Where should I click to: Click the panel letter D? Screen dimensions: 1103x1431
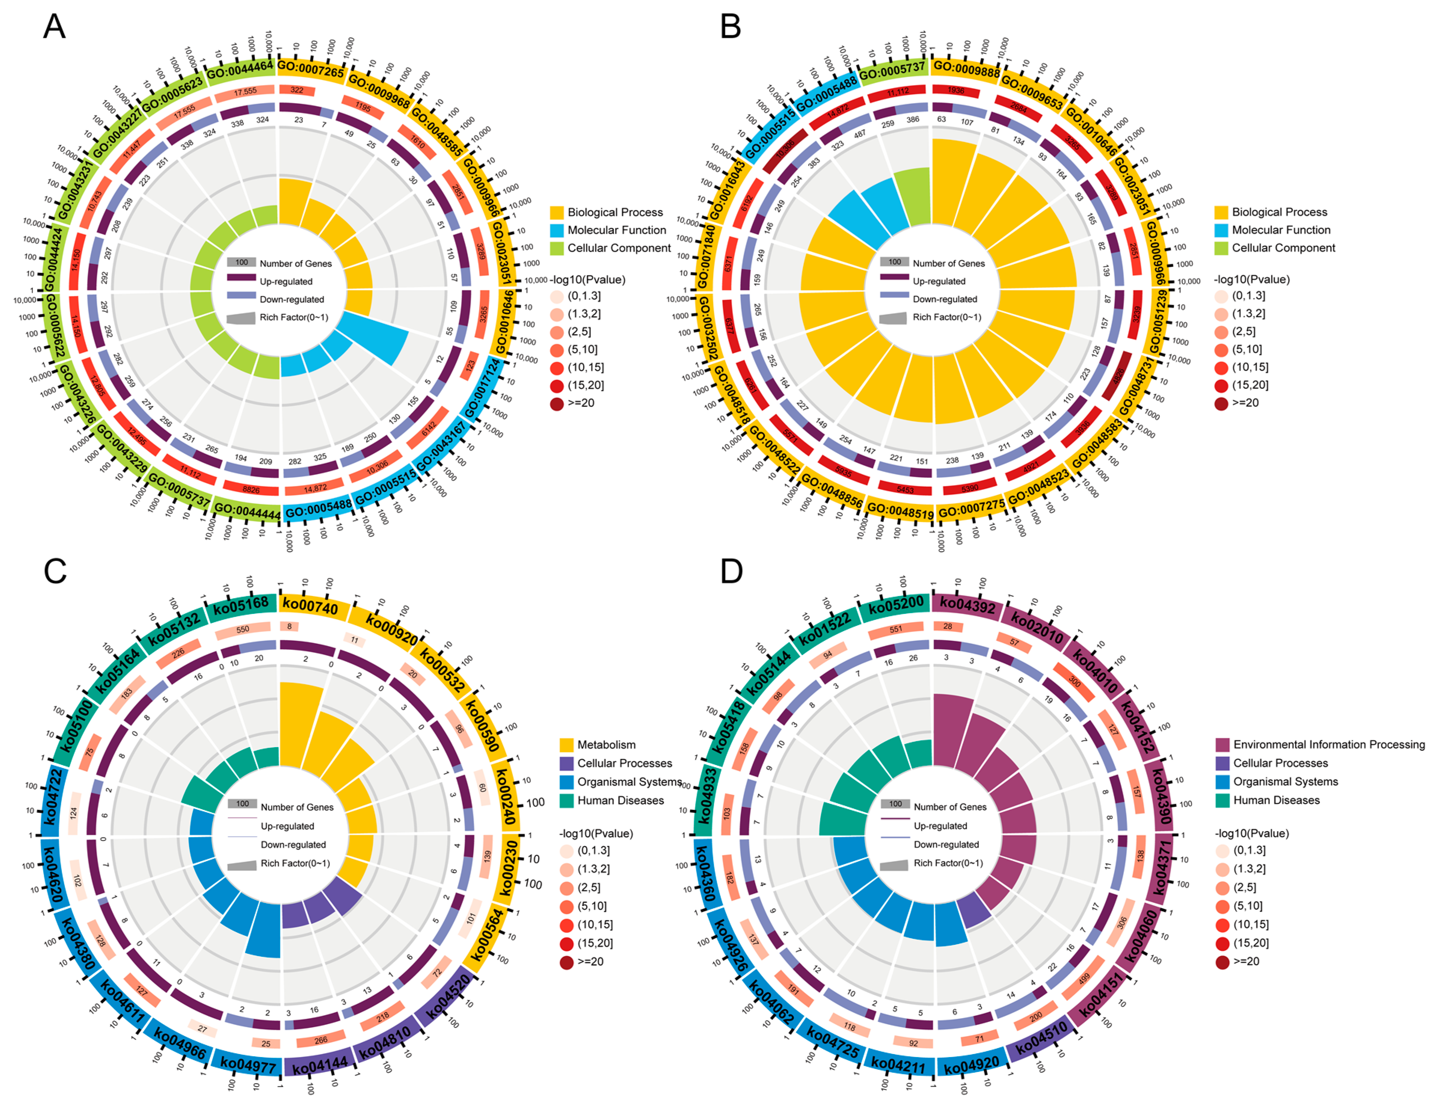(731, 571)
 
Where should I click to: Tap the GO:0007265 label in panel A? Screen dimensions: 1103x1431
(311, 69)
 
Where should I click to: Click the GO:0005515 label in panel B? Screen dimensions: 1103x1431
(769, 133)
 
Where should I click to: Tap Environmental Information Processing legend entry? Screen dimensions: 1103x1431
(1328, 745)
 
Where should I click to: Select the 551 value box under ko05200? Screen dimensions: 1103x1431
(896, 629)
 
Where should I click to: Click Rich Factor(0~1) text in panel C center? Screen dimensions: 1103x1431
(295, 863)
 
